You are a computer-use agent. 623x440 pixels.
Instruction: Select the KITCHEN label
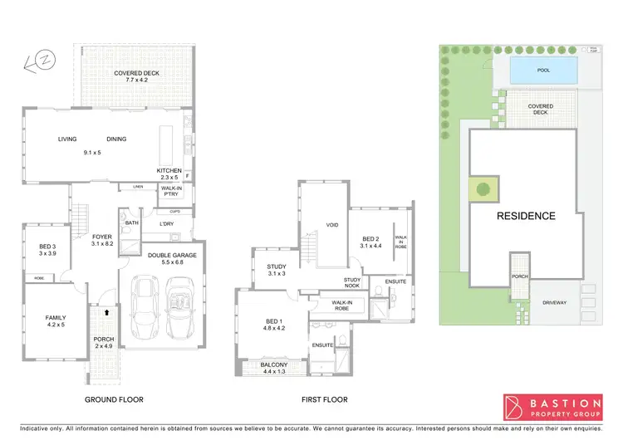tap(169, 171)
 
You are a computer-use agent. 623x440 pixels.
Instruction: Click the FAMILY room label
tap(55, 318)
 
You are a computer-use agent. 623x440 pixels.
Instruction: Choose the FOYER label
tap(101, 237)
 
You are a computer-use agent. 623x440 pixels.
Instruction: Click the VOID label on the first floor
tap(332, 224)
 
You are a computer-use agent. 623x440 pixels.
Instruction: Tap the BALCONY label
tap(274, 365)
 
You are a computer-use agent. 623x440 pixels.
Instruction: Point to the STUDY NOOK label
tap(352, 283)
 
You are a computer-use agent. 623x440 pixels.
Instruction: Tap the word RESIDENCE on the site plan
tap(525, 216)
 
